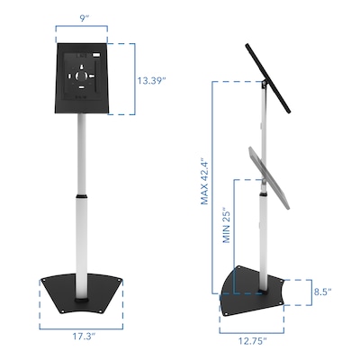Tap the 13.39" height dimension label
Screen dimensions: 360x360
point(152,79)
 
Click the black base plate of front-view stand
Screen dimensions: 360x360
point(82,292)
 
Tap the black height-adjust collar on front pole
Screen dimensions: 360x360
point(82,193)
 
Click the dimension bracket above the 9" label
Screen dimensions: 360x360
point(82,29)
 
